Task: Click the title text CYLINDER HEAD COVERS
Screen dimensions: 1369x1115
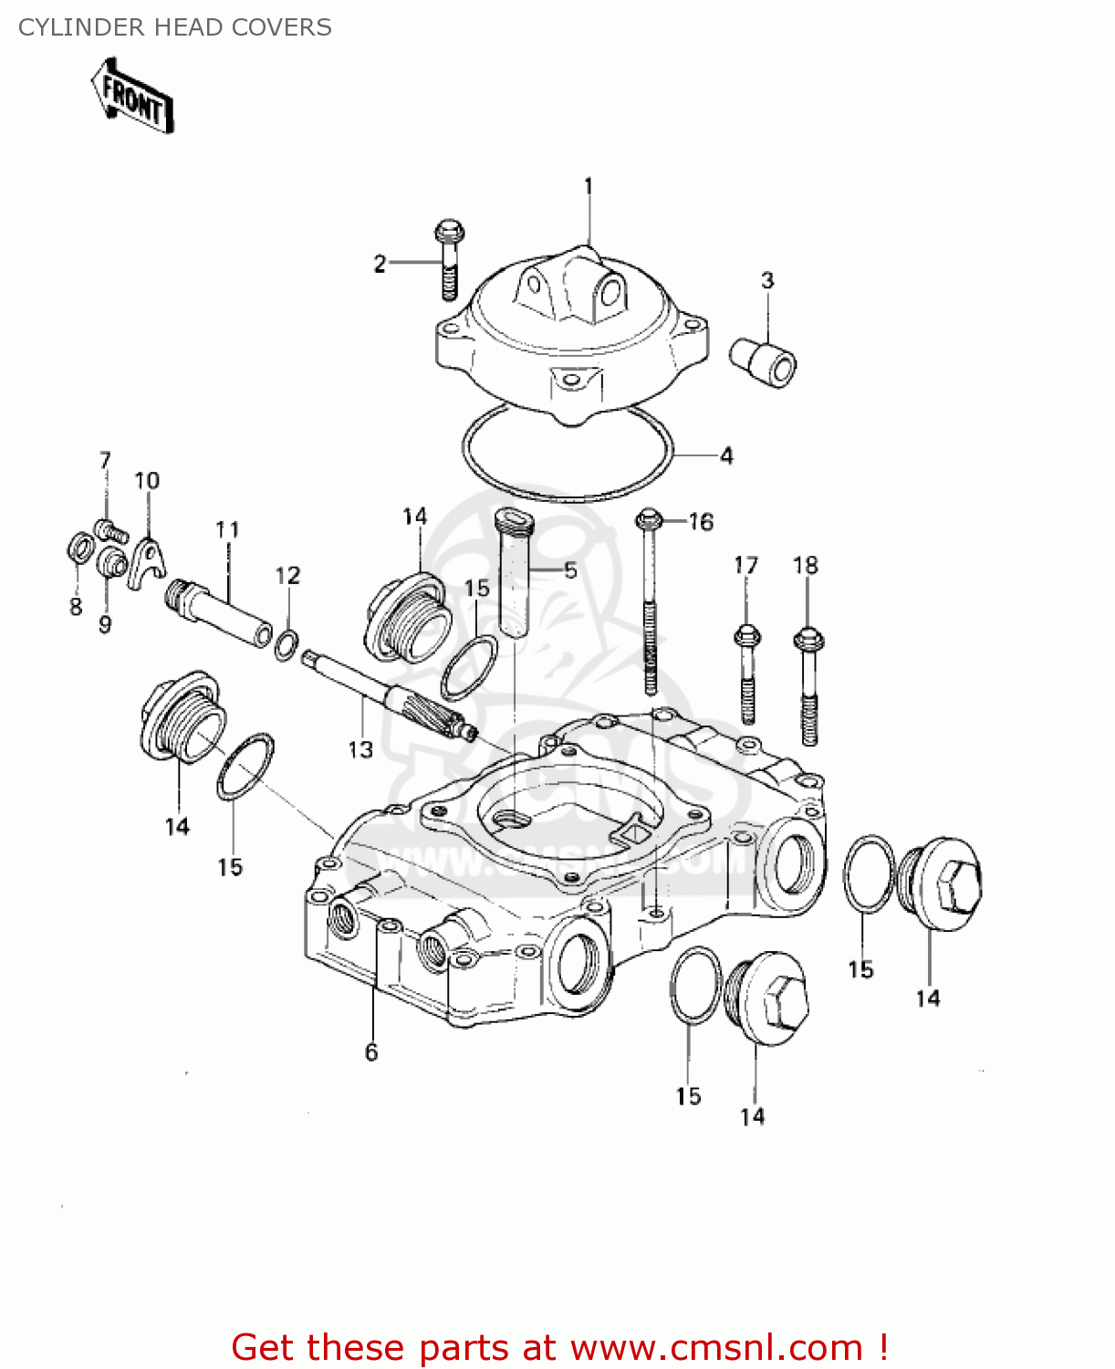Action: coord(174,27)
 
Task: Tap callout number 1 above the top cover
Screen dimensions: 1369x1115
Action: coord(589,186)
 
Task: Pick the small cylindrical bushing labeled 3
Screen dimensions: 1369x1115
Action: coord(764,362)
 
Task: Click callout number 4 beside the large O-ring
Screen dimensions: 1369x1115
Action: coord(726,455)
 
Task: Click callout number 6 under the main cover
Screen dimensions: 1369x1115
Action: coord(371,1052)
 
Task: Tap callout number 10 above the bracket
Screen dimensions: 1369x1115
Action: coord(147,481)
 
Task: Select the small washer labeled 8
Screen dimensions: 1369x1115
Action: coord(79,549)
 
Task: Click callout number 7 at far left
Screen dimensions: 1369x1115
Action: coord(105,461)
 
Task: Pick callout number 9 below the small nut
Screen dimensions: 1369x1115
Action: coord(105,624)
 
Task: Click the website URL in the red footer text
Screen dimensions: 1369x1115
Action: coord(716,1347)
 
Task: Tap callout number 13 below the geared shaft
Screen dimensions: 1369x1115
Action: coord(360,749)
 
